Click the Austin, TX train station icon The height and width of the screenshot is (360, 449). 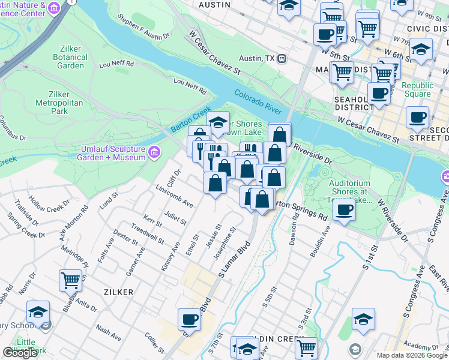[x=280, y=58]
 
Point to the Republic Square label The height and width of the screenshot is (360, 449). [x=417, y=89]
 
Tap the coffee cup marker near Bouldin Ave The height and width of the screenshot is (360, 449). [x=344, y=210]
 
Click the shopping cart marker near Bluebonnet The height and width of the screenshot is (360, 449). [x=70, y=280]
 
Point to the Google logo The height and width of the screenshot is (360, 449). [x=20, y=353]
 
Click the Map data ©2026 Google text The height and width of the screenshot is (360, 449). [x=412, y=355]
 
